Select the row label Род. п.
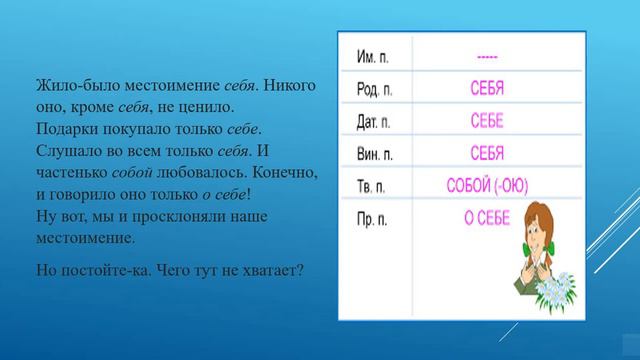(376, 90)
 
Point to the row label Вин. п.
(376, 154)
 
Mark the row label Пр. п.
(373, 218)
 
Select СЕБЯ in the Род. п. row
(487, 90)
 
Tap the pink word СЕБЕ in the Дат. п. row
(487, 122)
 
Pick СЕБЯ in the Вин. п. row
(487, 154)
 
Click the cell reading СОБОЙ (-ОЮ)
(487, 186)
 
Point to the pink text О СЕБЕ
(486, 218)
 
